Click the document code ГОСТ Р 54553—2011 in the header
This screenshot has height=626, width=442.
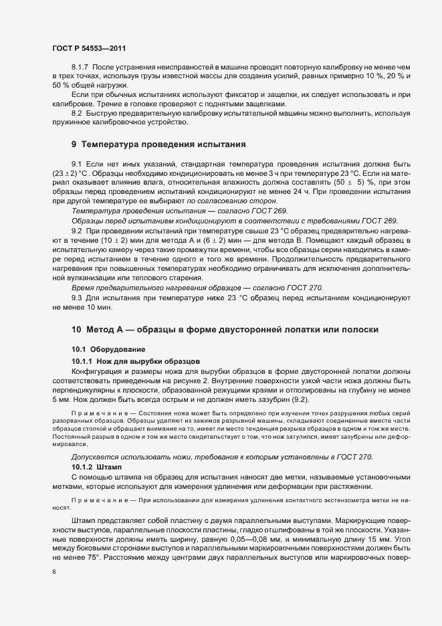(x=88, y=49)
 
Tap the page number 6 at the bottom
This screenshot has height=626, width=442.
(x=53, y=572)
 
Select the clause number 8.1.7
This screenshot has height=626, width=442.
(x=80, y=68)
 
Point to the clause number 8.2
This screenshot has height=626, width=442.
(x=76, y=114)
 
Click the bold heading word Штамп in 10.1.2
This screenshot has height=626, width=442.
(x=108, y=465)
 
